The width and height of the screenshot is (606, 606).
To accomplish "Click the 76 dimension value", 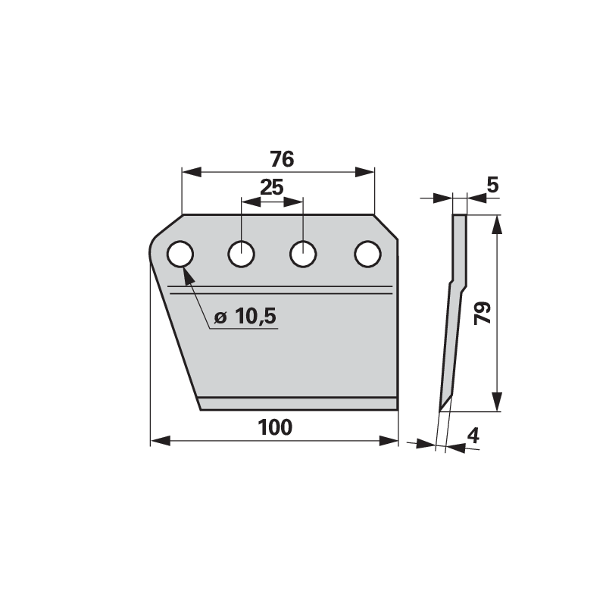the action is (282, 159).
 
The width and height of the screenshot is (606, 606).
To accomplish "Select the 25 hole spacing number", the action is (272, 187).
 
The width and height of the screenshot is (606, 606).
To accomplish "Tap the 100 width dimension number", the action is (275, 427).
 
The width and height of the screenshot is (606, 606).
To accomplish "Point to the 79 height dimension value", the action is (483, 313).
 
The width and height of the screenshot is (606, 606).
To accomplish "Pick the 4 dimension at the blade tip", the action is (473, 436).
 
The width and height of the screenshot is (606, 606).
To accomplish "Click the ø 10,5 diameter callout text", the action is (245, 316).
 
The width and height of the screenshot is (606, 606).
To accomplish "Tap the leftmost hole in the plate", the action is (180, 254).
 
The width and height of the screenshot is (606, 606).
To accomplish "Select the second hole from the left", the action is (241, 254).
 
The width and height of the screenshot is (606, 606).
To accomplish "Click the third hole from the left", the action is (303, 254).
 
